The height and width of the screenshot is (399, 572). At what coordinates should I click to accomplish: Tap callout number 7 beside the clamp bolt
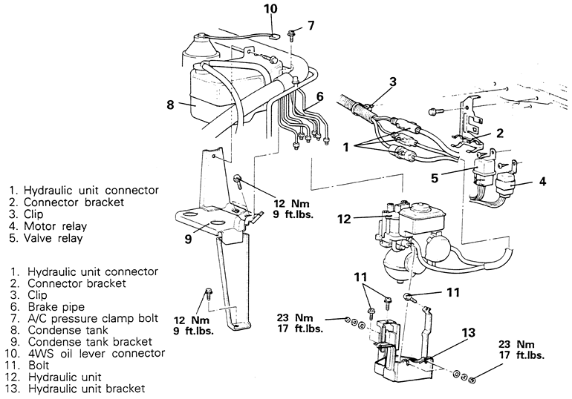pos(311,25)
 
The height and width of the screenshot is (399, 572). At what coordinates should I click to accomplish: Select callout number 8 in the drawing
pos(170,105)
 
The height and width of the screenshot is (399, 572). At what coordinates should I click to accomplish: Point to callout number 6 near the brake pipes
pos(319,96)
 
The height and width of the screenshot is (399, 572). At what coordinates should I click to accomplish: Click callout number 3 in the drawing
pos(393,81)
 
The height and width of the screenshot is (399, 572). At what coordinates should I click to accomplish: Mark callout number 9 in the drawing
pos(188,239)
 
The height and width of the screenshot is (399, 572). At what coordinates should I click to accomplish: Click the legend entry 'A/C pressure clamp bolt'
pos(88,318)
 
